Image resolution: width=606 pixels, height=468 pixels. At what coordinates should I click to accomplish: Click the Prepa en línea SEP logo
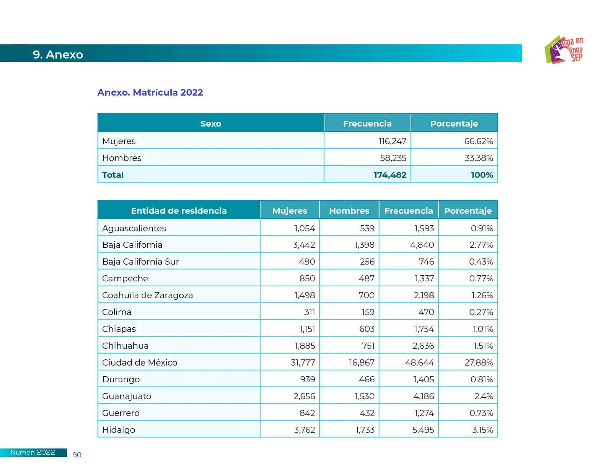pos(564,50)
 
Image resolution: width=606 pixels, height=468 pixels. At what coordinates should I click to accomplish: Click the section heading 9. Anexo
pos(58,55)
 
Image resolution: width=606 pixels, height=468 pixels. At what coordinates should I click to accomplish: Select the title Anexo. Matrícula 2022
pos(150,93)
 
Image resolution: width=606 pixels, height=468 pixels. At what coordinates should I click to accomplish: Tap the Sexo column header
pos(211,123)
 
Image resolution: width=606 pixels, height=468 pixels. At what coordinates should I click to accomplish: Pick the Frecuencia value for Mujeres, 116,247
pos(392,141)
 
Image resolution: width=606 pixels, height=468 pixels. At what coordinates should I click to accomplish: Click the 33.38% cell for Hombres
pos(479,158)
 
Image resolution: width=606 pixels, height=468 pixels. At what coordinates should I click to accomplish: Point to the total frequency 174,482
pos(390,175)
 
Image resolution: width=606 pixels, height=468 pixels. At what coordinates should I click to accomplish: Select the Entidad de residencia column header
pos(179,211)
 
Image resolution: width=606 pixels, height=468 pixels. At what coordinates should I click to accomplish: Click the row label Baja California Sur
pos(140,262)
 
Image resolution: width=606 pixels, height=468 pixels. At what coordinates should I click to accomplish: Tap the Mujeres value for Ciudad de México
pos(303,362)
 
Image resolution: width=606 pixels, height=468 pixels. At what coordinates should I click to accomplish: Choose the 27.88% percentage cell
pos(479,362)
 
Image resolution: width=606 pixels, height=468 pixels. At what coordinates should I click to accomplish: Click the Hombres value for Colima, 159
pos(368,312)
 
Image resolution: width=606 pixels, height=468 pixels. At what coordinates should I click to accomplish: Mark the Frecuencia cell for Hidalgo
pos(423,430)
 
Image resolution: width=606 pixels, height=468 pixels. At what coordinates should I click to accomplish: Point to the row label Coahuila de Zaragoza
pos(147,295)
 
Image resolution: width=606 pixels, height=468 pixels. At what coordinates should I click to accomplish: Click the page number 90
pos(77,455)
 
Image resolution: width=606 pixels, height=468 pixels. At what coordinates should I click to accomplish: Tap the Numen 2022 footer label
pos(33,452)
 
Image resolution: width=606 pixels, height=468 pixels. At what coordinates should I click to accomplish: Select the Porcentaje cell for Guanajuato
pos(484,396)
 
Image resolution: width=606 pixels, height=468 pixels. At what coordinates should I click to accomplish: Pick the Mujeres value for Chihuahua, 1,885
pos(305,346)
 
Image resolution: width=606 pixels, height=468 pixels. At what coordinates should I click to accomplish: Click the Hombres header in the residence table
pos(349,211)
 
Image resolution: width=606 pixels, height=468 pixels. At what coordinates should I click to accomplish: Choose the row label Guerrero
pos(121,413)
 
